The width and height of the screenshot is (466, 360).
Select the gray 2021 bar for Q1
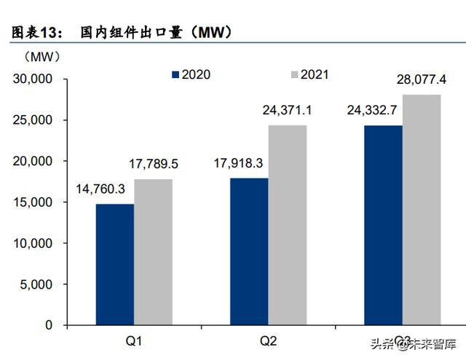click(153, 251)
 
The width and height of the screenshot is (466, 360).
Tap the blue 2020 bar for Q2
click(248, 251)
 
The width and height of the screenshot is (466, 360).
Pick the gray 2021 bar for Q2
click(287, 224)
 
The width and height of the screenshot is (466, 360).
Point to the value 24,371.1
click(287, 111)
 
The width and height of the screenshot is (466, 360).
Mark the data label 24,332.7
click(372, 111)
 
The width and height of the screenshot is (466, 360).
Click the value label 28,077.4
click(424, 79)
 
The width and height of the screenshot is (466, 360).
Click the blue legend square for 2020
click(175, 74)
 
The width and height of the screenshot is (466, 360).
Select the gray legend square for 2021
click(295, 74)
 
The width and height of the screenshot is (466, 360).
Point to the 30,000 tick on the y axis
click(33, 79)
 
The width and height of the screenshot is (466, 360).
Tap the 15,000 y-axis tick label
click(33, 202)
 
